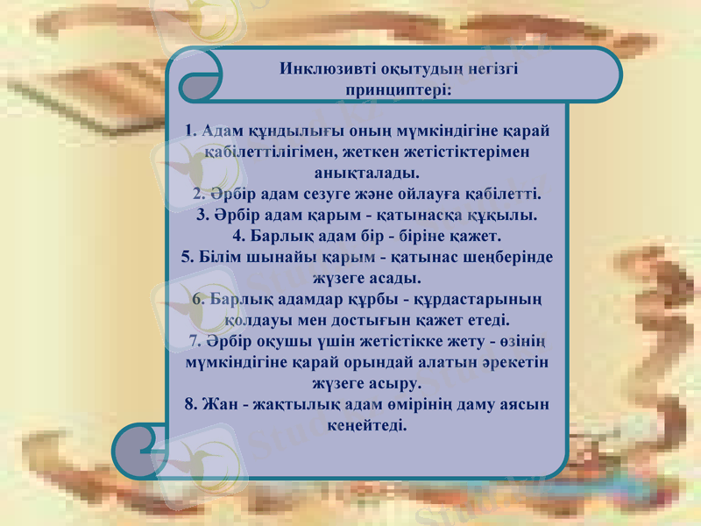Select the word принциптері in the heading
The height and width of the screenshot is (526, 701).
(x=395, y=89)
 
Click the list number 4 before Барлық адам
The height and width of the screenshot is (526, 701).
(x=238, y=236)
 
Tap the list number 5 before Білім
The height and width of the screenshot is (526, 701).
(x=187, y=258)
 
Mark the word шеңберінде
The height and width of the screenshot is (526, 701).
(x=511, y=258)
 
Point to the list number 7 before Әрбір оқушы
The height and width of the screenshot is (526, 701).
(x=194, y=341)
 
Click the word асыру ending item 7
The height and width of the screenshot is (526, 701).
(x=396, y=383)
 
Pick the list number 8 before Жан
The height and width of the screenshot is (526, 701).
(x=189, y=404)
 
